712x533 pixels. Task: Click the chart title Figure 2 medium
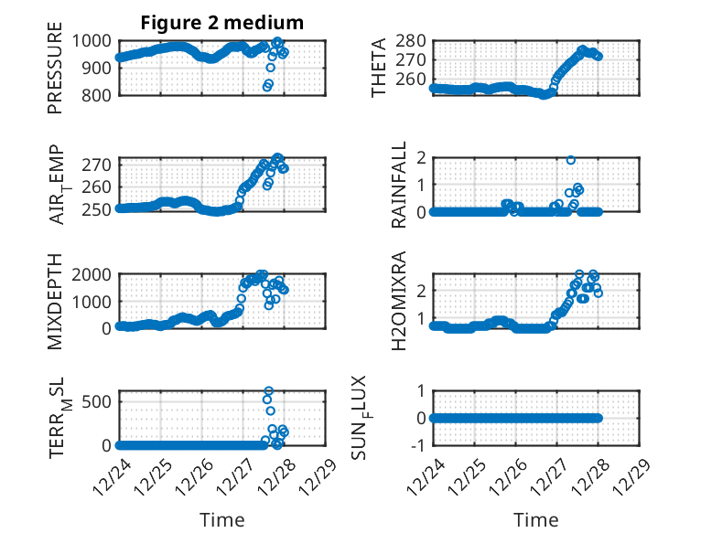click(221, 22)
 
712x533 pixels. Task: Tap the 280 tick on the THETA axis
click(414, 40)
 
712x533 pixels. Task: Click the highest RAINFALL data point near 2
click(570, 160)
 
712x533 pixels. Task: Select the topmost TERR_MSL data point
click(268, 391)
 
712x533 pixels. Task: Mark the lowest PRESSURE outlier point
click(267, 88)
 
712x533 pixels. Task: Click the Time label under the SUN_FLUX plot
click(536, 520)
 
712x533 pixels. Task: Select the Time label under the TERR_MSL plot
click(221, 520)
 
